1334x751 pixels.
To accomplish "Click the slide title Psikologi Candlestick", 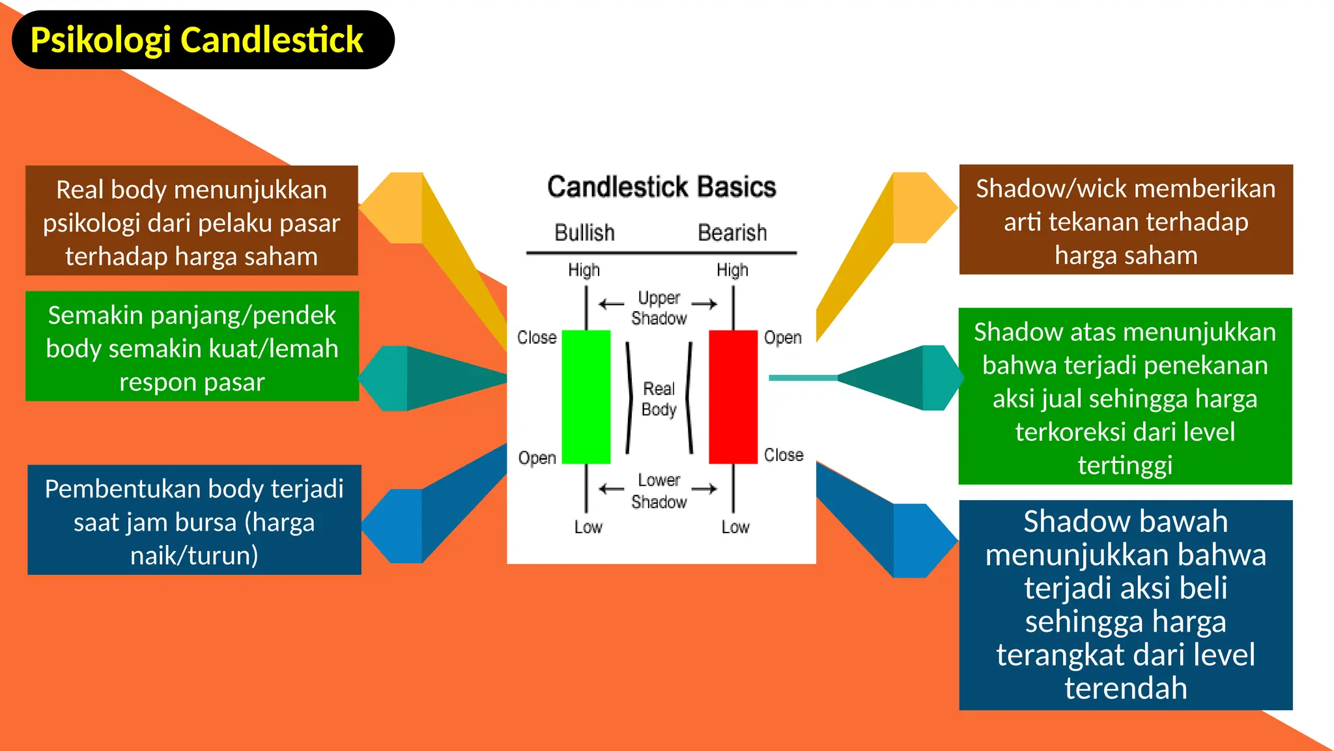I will pyautogui.click(x=197, y=40).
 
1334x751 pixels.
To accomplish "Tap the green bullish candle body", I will pyautogui.click(x=586, y=396).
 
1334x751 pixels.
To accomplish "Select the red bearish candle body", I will pyautogui.click(x=733, y=396).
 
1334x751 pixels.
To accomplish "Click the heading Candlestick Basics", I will pyautogui.click(x=661, y=187).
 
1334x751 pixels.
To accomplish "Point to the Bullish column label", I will pyautogui.click(x=584, y=233).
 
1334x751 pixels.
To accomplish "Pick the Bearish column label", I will pyautogui.click(x=732, y=233).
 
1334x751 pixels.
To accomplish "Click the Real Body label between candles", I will pyautogui.click(x=659, y=399).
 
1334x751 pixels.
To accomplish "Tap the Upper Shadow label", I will pyautogui.click(x=659, y=308).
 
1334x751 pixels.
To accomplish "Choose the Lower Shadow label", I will pyautogui.click(x=659, y=491).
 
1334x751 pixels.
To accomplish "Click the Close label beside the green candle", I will pyautogui.click(x=537, y=338).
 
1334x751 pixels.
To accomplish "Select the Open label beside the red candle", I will pyautogui.click(x=782, y=338).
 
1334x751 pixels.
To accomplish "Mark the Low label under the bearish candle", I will pyautogui.click(x=735, y=527).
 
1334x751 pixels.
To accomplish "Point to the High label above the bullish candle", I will pyautogui.click(x=584, y=270).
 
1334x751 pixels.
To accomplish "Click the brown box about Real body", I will pyautogui.click(x=192, y=221).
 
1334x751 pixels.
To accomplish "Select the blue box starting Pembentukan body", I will pyautogui.click(x=194, y=520).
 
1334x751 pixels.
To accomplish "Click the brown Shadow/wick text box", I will pyautogui.click(x=1126, y=220).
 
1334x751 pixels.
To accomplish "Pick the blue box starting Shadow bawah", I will pyautogui.click(x=1126, y=604).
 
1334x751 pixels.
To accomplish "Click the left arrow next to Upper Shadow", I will pyautogui.click(x=611, y=304).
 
